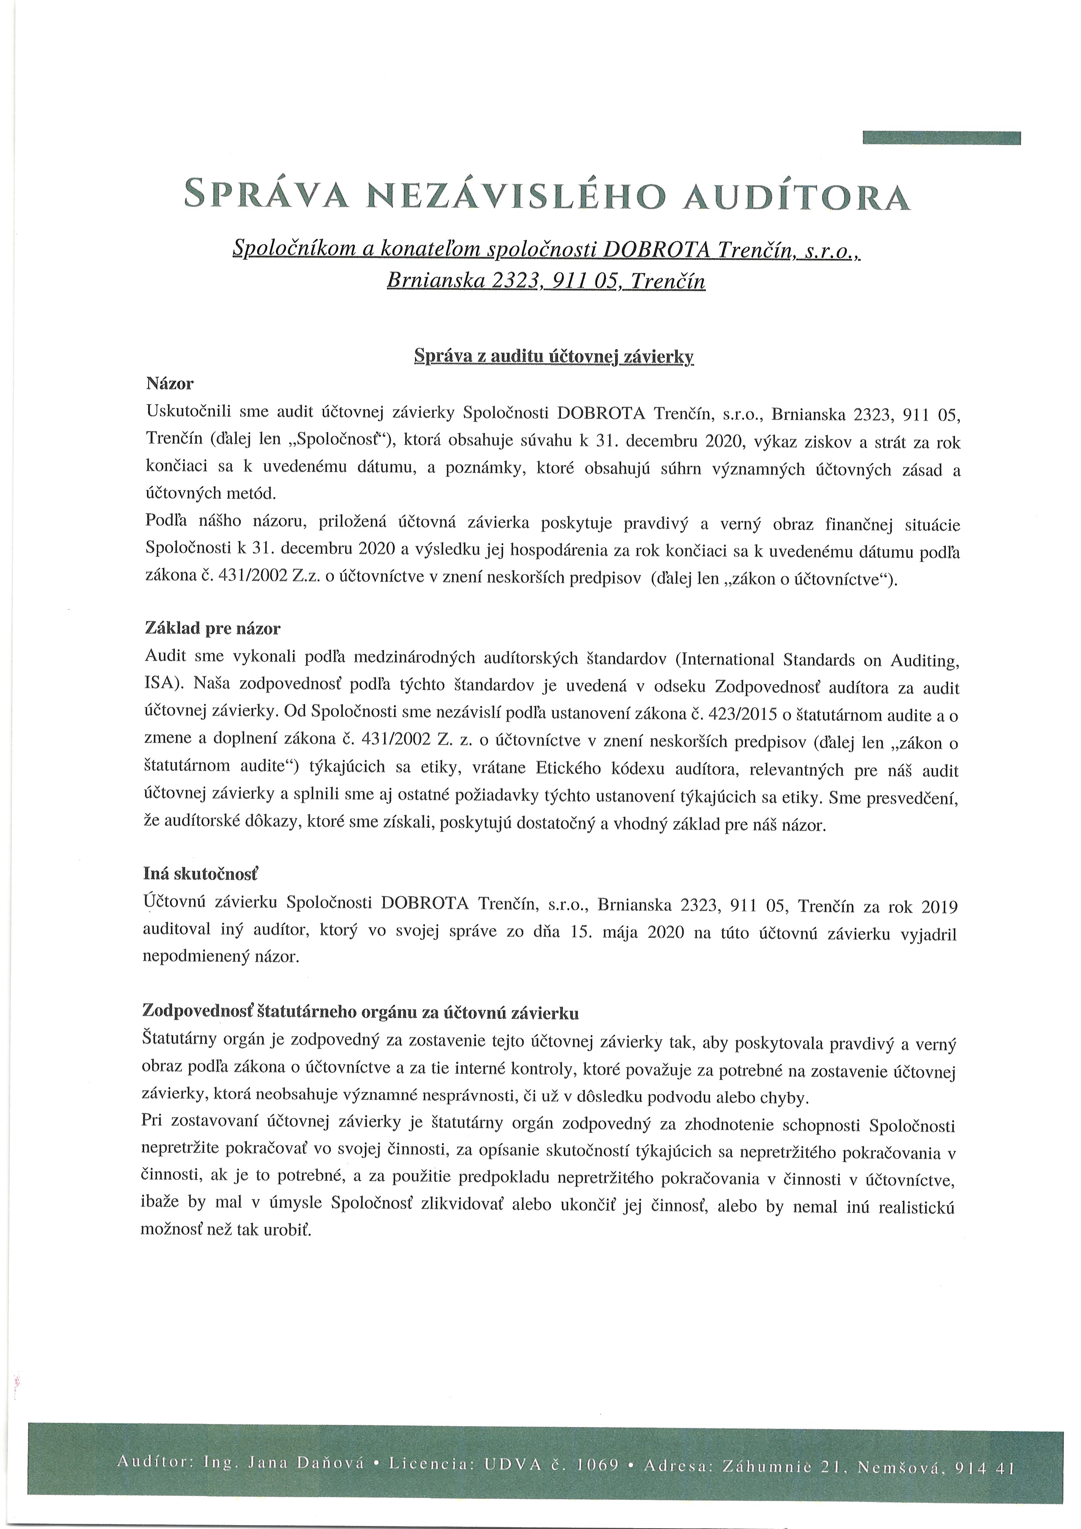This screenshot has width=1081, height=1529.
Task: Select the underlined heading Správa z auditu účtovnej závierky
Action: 554,356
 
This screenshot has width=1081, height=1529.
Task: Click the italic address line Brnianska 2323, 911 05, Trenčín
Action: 545,281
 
